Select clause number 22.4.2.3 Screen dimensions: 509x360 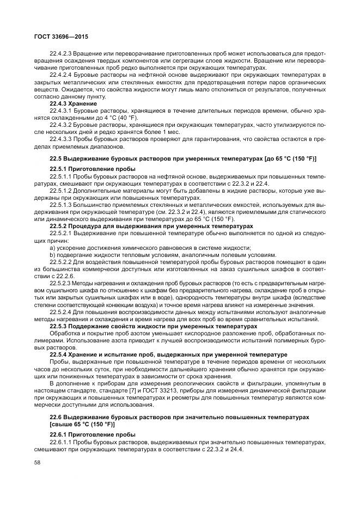click(60, 54)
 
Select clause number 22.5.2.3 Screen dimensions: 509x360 click(60, 285)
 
